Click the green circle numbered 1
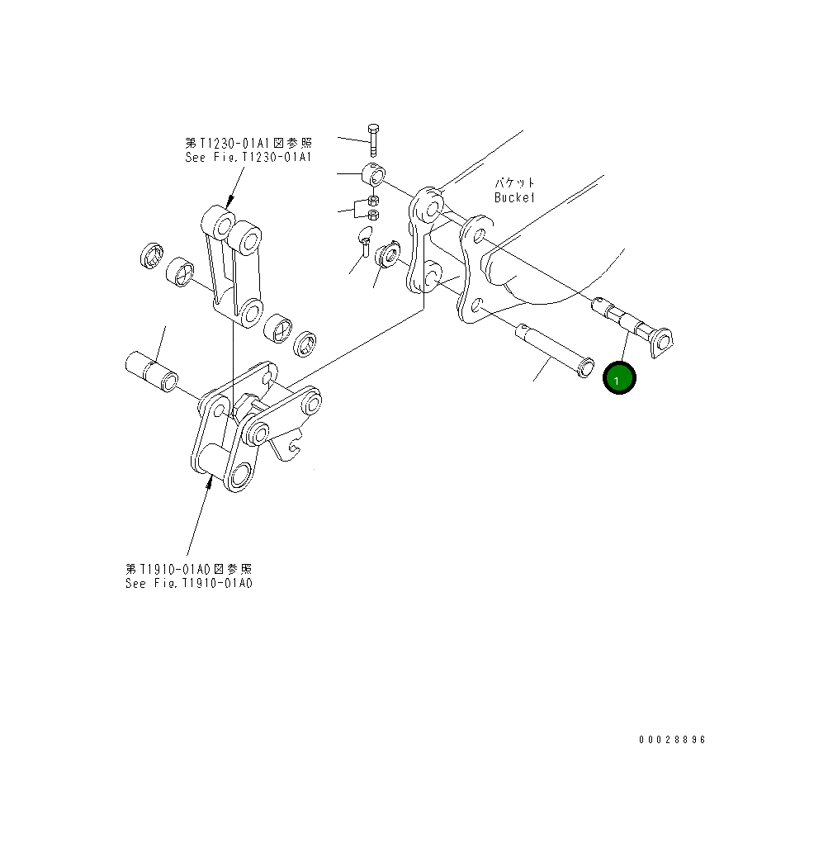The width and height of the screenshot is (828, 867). click(620, 378)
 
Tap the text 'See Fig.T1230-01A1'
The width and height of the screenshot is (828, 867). click(248, 156)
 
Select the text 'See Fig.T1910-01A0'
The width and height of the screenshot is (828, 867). click(188, 583)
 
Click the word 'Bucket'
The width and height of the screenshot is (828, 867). click(514, 197)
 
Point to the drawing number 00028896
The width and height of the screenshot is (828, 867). click(672, 740)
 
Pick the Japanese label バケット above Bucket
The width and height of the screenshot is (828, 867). click(514, 183)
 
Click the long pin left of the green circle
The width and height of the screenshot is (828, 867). click(553, 350)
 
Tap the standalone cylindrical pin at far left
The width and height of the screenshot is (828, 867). click(150, 371)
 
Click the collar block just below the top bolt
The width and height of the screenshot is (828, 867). click(376, 176)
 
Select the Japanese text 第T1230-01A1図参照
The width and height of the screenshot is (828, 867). click(248, 143)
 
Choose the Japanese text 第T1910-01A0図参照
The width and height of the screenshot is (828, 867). click(188, 569)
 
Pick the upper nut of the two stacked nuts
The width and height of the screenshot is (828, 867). click(372, 201)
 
